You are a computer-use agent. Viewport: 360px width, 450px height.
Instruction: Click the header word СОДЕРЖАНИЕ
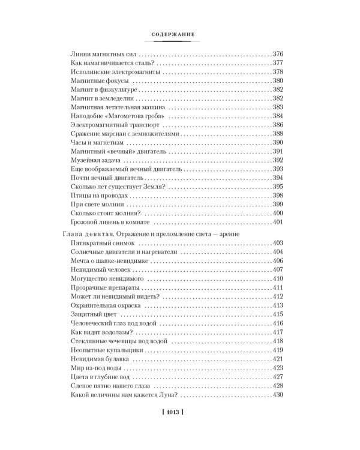180,35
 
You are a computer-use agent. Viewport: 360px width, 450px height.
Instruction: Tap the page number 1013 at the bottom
180,412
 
